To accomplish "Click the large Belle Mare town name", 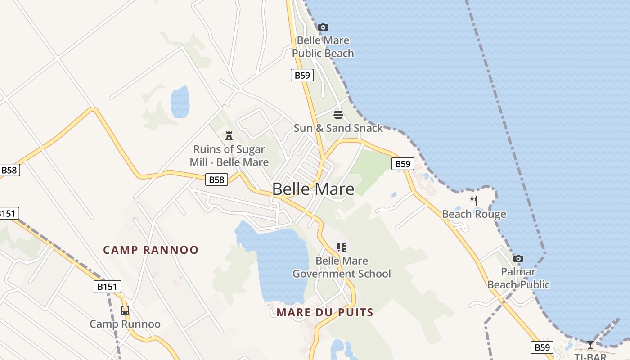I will coord(313,189).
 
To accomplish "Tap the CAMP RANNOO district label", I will coord(151,250).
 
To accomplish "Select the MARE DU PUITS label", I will coord(325,312).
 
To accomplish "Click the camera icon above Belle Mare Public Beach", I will coord(323,27).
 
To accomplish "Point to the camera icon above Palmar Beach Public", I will coord(518,258).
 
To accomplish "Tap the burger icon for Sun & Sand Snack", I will coord(338,115).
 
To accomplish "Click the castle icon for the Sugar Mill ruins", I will coord(229,135).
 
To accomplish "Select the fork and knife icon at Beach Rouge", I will coord(474,201).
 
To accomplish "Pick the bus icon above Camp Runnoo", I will coord(125,310).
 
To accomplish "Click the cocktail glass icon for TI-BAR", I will coord(590,345).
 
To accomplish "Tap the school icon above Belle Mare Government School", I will coord(342,247).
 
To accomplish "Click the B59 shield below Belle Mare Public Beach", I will coord(302,75).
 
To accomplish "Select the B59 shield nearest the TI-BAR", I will coord(542,347).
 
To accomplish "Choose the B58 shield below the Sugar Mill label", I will coord(216,180).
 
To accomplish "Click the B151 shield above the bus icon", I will coord(108,287).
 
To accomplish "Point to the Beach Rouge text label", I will coord(474,214).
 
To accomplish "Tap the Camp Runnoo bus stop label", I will coord(125,324).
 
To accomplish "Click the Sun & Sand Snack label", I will coord(338,128).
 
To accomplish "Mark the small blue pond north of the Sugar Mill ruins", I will coord(180,102).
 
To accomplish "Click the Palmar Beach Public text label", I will coord(518,278).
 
